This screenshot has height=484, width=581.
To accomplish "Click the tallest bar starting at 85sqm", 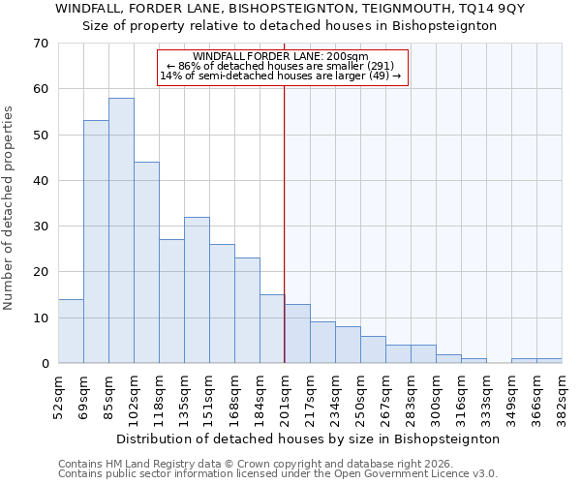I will [121, 230].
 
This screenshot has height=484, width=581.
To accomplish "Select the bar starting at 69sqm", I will [96, 242].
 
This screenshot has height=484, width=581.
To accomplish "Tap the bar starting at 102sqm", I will [146, 262].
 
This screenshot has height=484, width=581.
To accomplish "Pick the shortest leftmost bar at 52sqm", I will [71, 331].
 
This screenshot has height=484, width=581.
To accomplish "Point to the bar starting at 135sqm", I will [197, 290].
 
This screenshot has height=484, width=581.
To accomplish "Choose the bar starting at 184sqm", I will [272, 329].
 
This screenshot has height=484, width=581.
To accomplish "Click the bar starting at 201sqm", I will [297, 334].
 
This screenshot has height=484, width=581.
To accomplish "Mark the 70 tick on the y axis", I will [41, 44].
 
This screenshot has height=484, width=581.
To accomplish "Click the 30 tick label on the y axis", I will [41, 227].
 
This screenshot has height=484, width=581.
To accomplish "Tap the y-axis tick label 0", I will [45, 364].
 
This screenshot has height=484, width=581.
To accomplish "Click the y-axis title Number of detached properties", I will [10, 208].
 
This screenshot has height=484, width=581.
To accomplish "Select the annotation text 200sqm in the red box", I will [348, 57].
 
